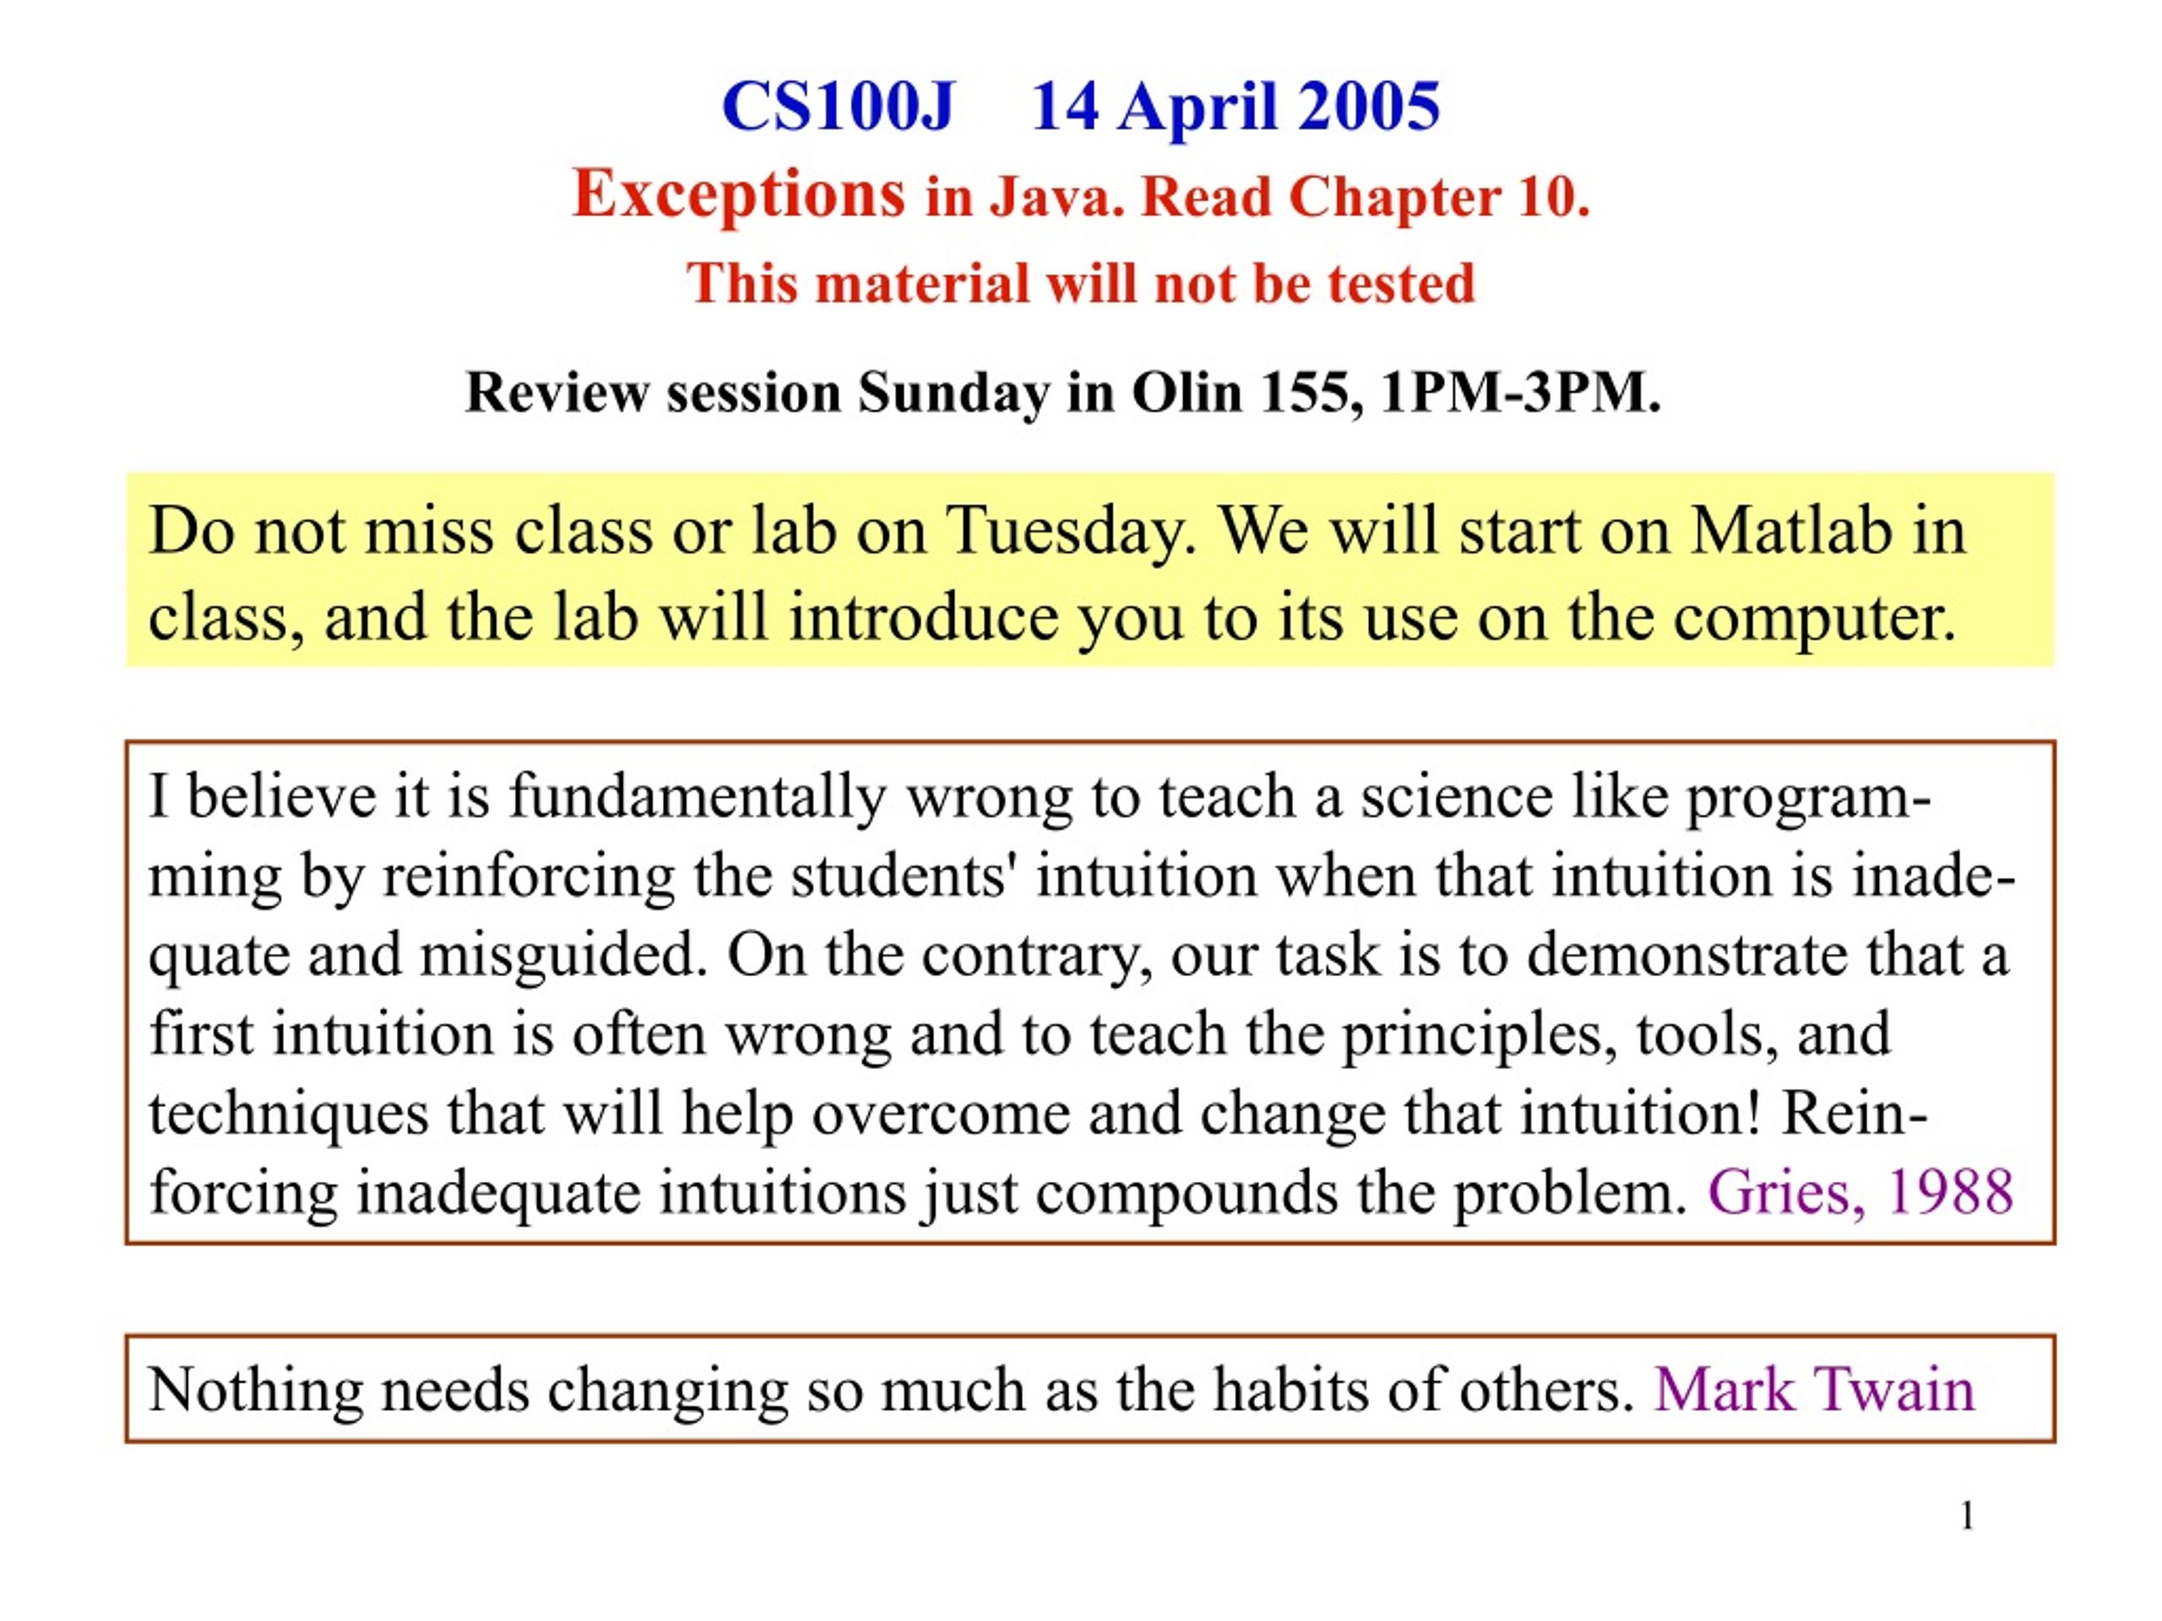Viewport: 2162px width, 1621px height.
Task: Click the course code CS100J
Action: click(x=838, y=106)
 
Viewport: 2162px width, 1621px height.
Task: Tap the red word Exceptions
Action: click(x=739, y=194)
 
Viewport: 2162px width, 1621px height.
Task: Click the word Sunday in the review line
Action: click(x=953, y=393)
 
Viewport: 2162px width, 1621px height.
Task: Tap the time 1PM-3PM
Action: click(x=1521, y=392)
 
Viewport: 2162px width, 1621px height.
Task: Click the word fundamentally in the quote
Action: click(x=697, y=797)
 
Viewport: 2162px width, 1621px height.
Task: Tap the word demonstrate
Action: click(x=1687, y=956)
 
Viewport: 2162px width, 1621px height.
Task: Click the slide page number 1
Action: click(x=1968, y=1516)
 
